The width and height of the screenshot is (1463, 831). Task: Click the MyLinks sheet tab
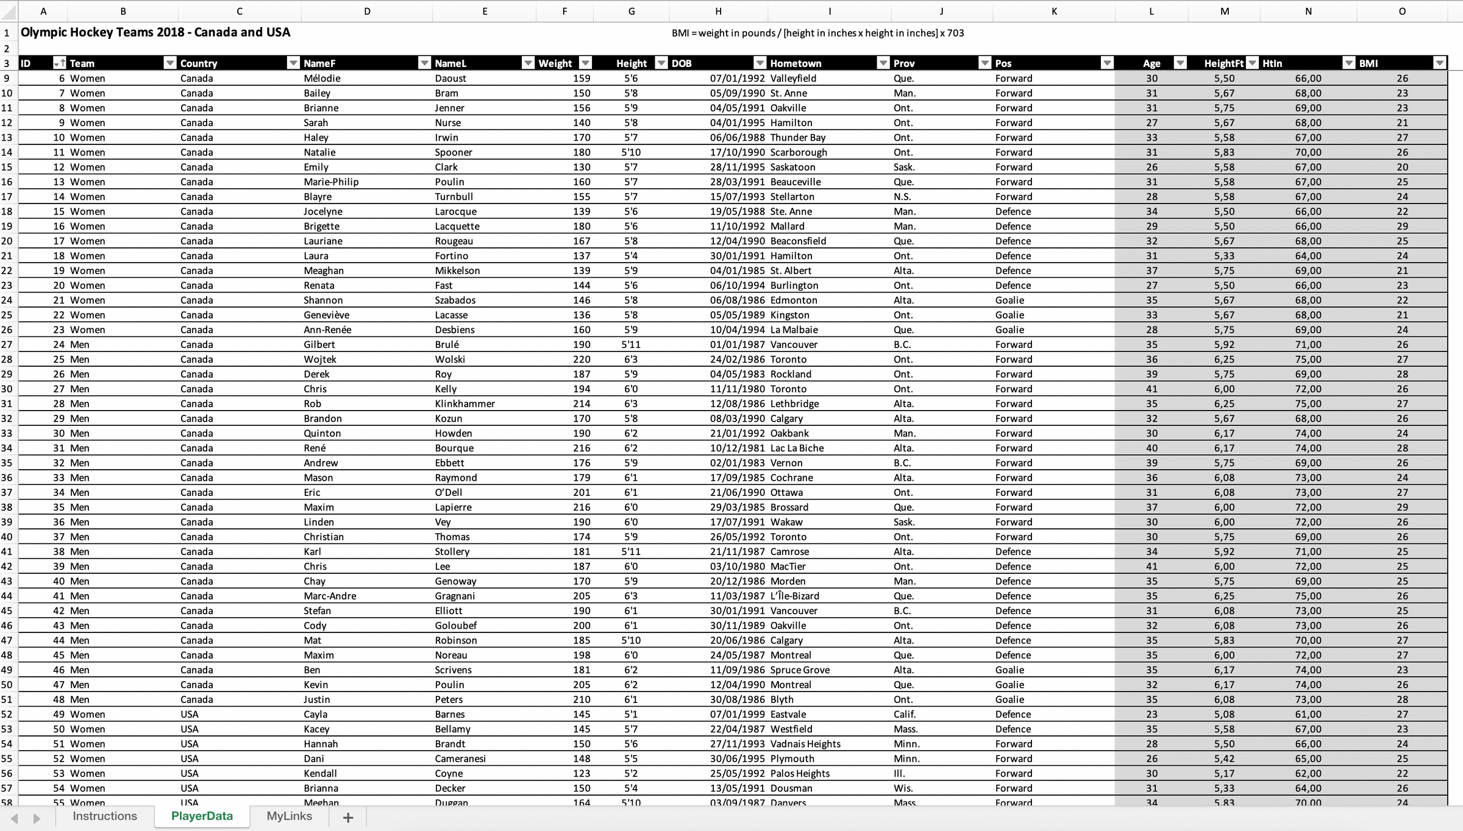[289, 816]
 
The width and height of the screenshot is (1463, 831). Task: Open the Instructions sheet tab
[105, 816]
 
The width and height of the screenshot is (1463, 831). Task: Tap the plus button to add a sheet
[348, 818]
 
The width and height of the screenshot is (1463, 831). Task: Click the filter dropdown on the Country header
[293, 63]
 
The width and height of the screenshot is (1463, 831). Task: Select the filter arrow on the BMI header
[1439, 63]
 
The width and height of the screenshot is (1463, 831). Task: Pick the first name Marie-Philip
[331, 182]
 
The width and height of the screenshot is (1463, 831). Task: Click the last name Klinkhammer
[465, 403]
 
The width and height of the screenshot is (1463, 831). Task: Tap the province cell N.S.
[902, 197]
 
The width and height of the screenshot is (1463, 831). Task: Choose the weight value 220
[581, 359]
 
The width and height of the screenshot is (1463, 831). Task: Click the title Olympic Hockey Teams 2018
[155, 32]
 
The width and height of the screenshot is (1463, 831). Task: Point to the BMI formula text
[817, 33]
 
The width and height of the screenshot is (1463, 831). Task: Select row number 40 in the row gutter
[7, 537]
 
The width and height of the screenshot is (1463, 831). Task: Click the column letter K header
[1054, 11]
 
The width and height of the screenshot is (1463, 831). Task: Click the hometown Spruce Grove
[800, 670]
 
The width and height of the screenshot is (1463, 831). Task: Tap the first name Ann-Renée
[327, 330]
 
